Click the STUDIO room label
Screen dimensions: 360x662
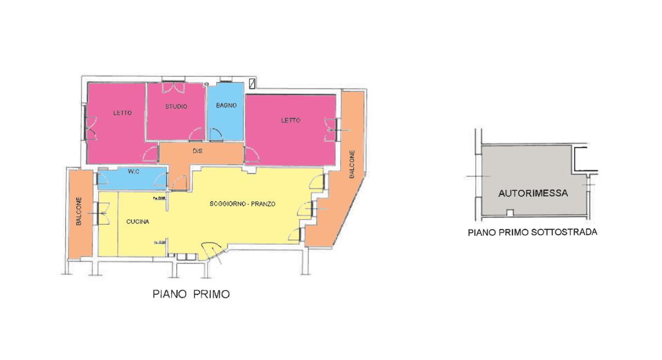pos(176,107)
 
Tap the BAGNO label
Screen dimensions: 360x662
pos(226,106)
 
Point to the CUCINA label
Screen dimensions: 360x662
pos(138,222)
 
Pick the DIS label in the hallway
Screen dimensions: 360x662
pos(197,152)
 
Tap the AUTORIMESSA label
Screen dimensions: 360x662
pos(533,193)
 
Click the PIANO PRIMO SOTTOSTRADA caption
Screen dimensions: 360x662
pos(532,232)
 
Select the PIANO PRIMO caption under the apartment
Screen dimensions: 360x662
pos(191,294)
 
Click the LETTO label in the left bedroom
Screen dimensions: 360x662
pos(122,113)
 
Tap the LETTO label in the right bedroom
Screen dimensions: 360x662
pos(291,121)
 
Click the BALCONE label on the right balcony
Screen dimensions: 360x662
pos(352,164)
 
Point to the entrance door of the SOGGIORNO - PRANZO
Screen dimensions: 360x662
pos(212,252)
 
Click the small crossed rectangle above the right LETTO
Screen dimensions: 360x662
pos(252,83)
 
